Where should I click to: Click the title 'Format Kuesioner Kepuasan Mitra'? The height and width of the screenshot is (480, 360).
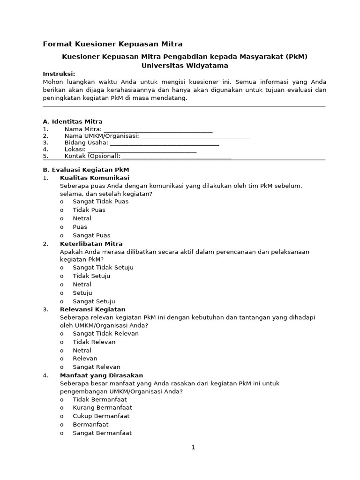click(112, 45)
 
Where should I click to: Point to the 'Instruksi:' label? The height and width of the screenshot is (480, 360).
click(59, 74)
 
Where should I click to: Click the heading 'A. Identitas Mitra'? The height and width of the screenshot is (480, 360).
click(73, 121)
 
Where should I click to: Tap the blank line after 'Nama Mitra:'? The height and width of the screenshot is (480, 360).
click(158, 130)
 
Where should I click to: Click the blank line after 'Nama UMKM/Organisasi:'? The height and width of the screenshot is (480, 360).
click(195, 136)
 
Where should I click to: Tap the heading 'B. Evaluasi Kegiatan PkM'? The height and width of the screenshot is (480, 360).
click(86, 170)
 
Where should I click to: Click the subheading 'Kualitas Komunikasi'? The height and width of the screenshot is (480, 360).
click(95, 178)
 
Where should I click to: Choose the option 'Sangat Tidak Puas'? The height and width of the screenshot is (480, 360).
click(100, 202)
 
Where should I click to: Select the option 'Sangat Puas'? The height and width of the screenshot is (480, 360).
click(91, 235)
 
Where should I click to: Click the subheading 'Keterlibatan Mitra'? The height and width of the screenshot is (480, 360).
click(91, 244)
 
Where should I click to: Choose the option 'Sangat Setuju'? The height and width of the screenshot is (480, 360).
click(94, 301)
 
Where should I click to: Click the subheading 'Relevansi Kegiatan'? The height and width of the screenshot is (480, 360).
click(93, 309)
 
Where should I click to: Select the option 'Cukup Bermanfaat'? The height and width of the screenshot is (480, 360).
click(101, 416)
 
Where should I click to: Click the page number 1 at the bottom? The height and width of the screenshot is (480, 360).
click(193, 447)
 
